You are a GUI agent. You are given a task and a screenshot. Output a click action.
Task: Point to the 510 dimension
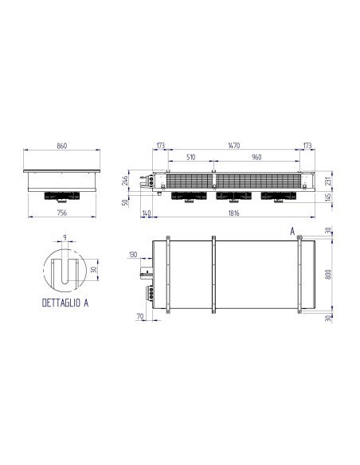point(191,158)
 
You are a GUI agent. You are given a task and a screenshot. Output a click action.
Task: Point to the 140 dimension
point(146,213)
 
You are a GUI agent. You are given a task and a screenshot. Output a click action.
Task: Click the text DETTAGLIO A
point(64,303)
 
